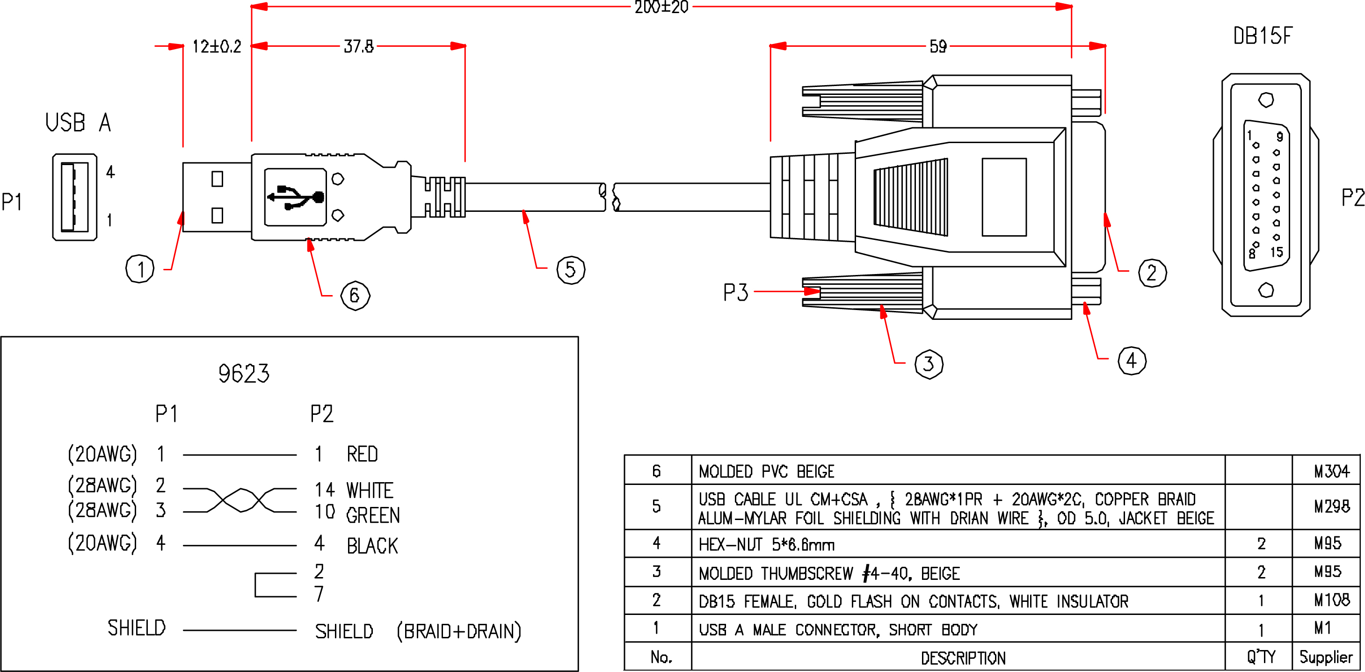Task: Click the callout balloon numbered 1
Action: pyautogui.click(x=140, y=269)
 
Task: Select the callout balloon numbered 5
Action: pyautogui.click(x=571, y=269)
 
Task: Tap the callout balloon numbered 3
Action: pyautogui.click(x=929, y=364)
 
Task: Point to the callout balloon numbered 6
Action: pyautogui.click(x=355, y=296)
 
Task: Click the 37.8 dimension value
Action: pyautogui.click(x=359, y=47)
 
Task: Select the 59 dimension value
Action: pyautogui.click(x=938, y=47)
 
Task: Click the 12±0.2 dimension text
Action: pyautogui.click(x=217, y=47)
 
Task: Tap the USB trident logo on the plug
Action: pyautogui.click(x=295, y=197)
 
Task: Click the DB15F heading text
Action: pyautogui.click(x=1263, y=36)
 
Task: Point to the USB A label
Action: pyautogui.click(x=79, y=123)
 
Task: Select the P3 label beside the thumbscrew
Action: pyautogui.click(x=735, y=292)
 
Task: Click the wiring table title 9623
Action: pyautogui.click(x=244, y=374)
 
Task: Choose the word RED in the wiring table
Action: pyautogui.click(x=363, y=455)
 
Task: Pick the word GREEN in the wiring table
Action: pyautogui.click(x=373, y=515)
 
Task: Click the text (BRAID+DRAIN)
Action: pyautogui.click(x=459, y=631)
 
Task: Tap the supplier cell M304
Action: pyautogui.click(x=1332, y=471)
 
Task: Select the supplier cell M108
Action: pyautogui.click(x=1332, y=600)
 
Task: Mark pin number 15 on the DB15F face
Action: pyautogui.click(x=1277, y=252)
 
